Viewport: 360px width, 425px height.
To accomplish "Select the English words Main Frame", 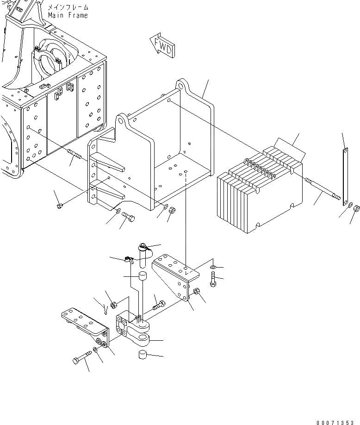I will click(68, 15).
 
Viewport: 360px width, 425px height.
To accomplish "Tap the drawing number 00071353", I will click(337, 422).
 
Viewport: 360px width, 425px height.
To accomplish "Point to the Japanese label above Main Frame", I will click(68, 8).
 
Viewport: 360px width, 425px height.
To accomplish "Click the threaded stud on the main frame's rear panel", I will click(74, 155).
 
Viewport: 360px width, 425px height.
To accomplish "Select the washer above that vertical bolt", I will click(212, 267).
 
